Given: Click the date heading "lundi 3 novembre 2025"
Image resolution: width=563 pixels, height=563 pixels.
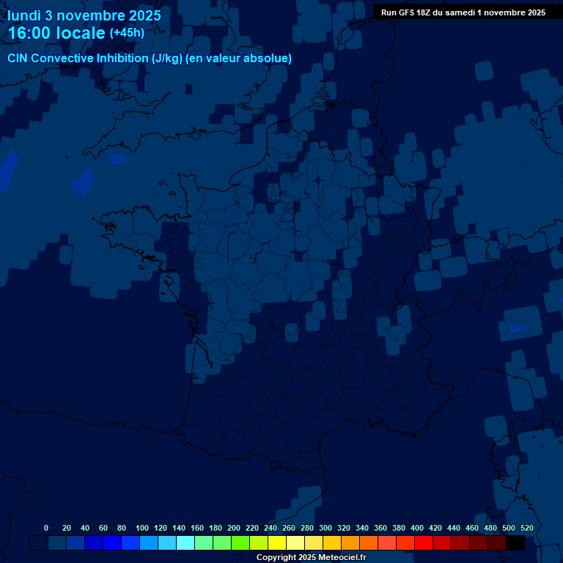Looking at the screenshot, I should [84, 15].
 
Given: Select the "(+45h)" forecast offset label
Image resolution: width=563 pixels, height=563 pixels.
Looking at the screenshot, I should [127, 33].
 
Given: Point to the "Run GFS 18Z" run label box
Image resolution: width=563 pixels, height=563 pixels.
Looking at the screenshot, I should [463, 12].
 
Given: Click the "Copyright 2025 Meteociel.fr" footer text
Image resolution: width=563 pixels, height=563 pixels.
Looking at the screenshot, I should [311, 558].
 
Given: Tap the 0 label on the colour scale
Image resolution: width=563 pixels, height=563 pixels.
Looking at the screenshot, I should [46, 528].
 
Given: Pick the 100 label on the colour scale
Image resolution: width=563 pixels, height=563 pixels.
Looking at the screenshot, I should [142, 528].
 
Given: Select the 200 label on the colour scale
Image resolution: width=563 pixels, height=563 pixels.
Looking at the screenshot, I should [234, 528].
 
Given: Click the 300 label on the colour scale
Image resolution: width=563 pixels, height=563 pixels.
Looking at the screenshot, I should [325, 528].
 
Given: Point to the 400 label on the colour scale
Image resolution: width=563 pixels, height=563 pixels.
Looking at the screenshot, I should [417, 528].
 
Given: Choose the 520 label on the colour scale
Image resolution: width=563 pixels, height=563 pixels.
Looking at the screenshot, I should [526, 528].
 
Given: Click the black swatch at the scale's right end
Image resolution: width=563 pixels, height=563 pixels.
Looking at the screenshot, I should [515, 543].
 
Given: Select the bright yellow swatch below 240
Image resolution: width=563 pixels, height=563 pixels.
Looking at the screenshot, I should [277, 543].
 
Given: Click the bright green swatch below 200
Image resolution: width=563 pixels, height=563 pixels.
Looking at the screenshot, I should [240, 543].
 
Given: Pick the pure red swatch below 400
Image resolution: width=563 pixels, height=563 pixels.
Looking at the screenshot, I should [424, 543].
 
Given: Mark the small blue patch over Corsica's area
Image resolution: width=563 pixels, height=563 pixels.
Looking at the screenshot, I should [518, 328].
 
